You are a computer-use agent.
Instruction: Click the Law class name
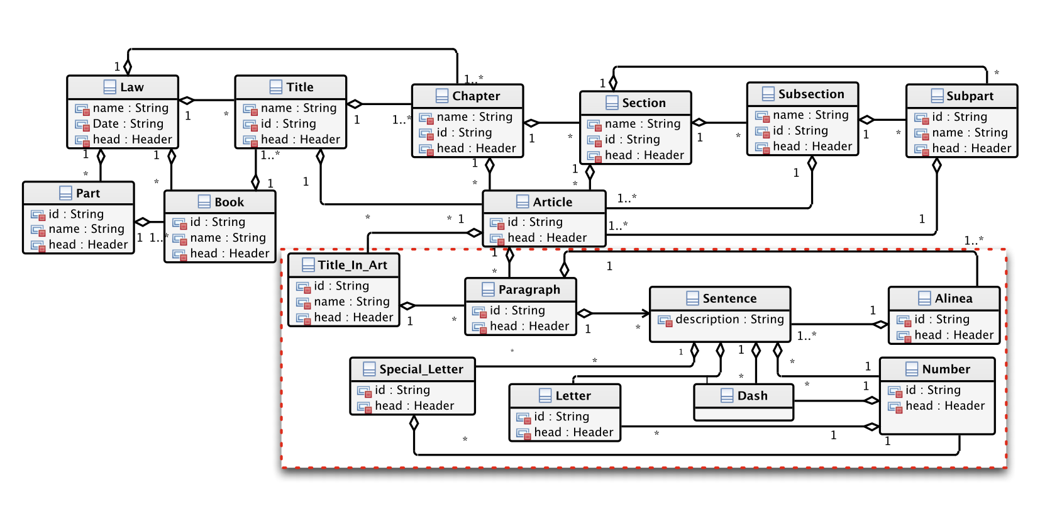click(132, 87)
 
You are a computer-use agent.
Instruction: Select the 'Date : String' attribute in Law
click(128, 123)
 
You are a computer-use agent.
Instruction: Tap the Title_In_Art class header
click(343, 265)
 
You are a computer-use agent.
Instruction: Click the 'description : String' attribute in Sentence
click(729, 319)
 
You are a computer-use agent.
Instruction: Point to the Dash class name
click(752, 395)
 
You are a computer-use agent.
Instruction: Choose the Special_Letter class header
click(412, 369)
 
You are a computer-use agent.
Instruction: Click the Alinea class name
click(953, 298)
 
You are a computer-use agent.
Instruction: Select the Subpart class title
click(970, 96)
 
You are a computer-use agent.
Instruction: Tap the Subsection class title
click(810, 94)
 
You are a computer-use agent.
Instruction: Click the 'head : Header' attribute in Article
click(547, 237)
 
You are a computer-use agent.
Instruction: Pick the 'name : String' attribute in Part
click(86, 228)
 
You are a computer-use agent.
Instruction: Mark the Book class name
click(229, 202)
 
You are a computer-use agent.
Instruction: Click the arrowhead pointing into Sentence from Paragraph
click(646, 313)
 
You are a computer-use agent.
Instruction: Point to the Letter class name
click(573, 395)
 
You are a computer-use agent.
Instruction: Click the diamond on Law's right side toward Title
click(187, 100)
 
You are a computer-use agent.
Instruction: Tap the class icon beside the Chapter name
click(442, 96)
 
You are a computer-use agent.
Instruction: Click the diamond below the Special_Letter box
click(414, 423)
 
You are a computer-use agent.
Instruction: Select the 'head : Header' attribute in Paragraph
click(529, 326)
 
